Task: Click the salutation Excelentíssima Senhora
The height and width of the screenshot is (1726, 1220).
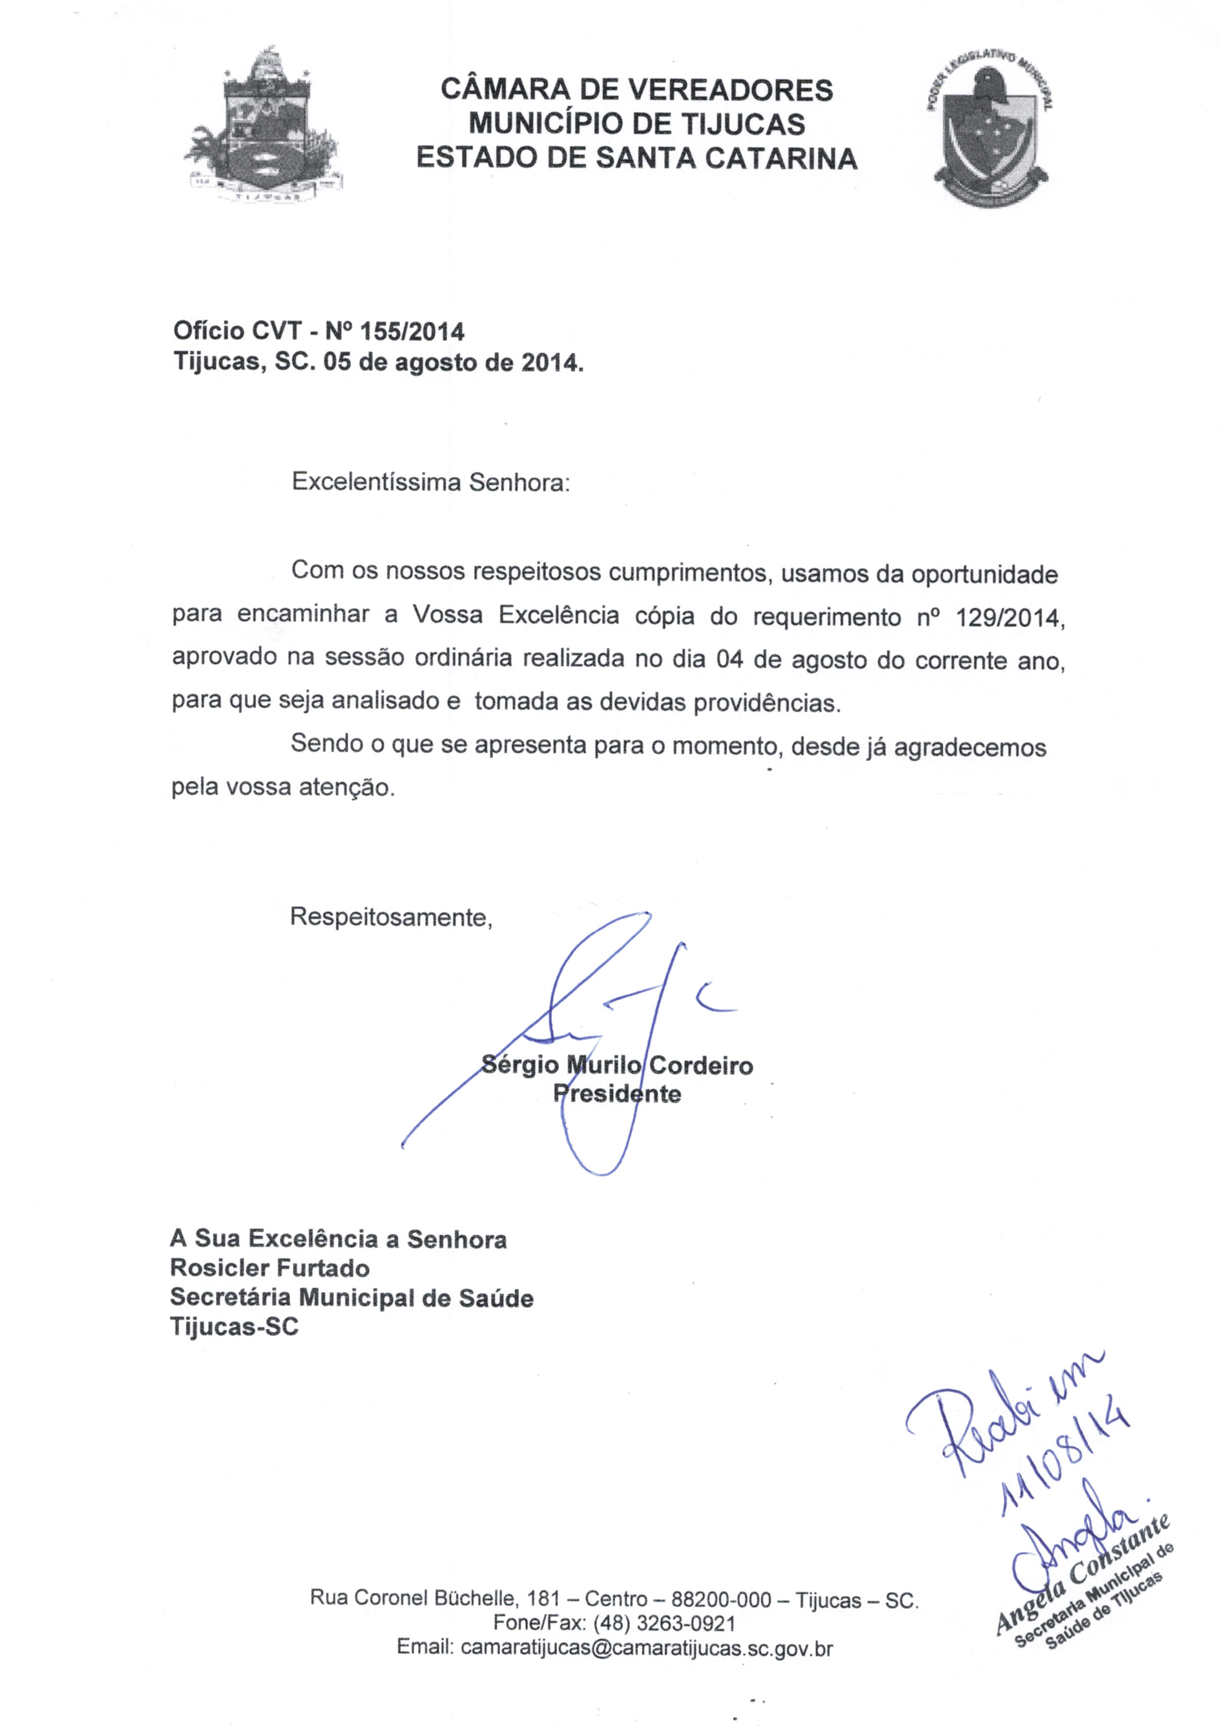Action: point(430,482)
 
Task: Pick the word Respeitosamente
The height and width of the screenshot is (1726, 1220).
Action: point(391,917)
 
